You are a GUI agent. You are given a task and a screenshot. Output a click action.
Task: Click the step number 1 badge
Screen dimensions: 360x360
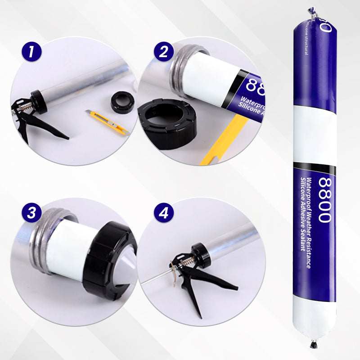coord(31,52)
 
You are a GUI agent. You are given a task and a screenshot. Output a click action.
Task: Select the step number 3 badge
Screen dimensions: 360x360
coord(31,212)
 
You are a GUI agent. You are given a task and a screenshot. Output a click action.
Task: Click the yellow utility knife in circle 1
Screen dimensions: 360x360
coord(108,123)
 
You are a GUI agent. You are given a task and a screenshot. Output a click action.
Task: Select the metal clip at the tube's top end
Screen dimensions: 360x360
coord(311,12)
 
